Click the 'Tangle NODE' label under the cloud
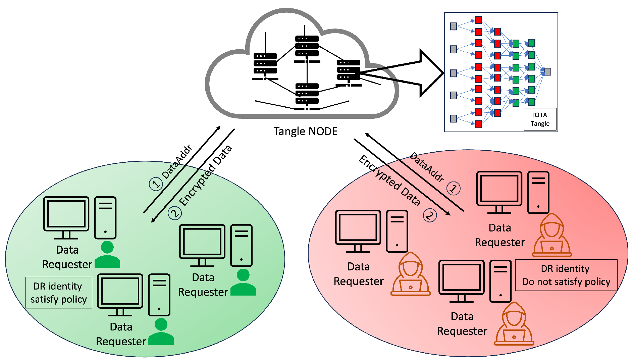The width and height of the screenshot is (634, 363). pos(305,131)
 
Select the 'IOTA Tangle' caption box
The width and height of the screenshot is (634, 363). pos(540,119)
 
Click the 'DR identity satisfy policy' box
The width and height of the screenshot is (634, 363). pos(59,292)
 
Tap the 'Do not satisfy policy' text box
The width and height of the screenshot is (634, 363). pos(566,275)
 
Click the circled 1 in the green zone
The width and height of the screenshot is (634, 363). pos(156,184)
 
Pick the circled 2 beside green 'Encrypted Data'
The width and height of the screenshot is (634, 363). pos(175,213)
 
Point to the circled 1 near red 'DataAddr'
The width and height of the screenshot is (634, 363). pos(453,188)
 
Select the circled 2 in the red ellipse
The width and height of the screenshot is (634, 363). pos(430,215)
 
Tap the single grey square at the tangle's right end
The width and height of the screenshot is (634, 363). pos(547,71)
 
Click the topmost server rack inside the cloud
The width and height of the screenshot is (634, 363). pos(307,46)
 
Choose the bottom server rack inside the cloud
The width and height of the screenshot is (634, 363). pos(307,94)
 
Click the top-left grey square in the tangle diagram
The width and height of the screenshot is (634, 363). pos(453,26)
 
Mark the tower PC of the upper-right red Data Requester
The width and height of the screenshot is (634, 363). pos(538,192)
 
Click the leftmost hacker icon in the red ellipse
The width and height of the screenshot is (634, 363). pos(410,275)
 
